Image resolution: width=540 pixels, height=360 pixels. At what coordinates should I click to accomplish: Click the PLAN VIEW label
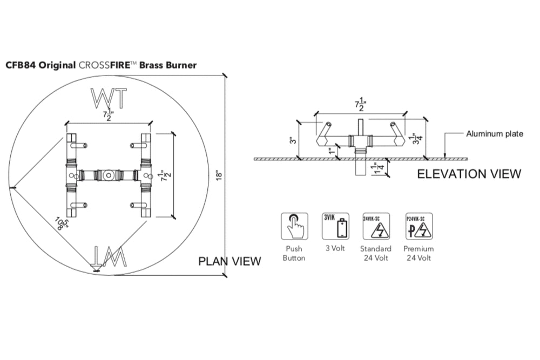coord(230,261)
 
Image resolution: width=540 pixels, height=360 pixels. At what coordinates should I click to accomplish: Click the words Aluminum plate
coord(494,134)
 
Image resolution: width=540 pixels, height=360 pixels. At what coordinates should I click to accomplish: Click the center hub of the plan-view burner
coord(109,175)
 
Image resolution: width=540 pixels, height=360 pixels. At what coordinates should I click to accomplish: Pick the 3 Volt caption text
coord(335,249)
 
